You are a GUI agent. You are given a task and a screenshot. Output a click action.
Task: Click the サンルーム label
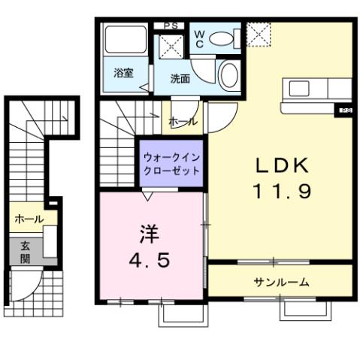coord(281,282)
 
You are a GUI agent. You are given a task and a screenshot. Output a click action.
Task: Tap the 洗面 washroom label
coord(180,77)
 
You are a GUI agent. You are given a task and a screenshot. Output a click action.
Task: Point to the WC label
coord(201,38)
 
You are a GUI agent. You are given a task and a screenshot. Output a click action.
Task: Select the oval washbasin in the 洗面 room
coord(230,75)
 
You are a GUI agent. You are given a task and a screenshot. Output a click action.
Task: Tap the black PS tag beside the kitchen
coord(346,110)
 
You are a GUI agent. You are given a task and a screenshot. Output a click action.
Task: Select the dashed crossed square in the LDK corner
coord(259,34)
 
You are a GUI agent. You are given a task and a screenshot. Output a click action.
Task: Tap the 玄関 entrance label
coord(24,250)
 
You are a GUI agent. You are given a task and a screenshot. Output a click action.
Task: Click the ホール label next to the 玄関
coord(29,219)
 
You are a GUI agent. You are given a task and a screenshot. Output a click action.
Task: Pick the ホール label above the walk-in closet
coord(183,121)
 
